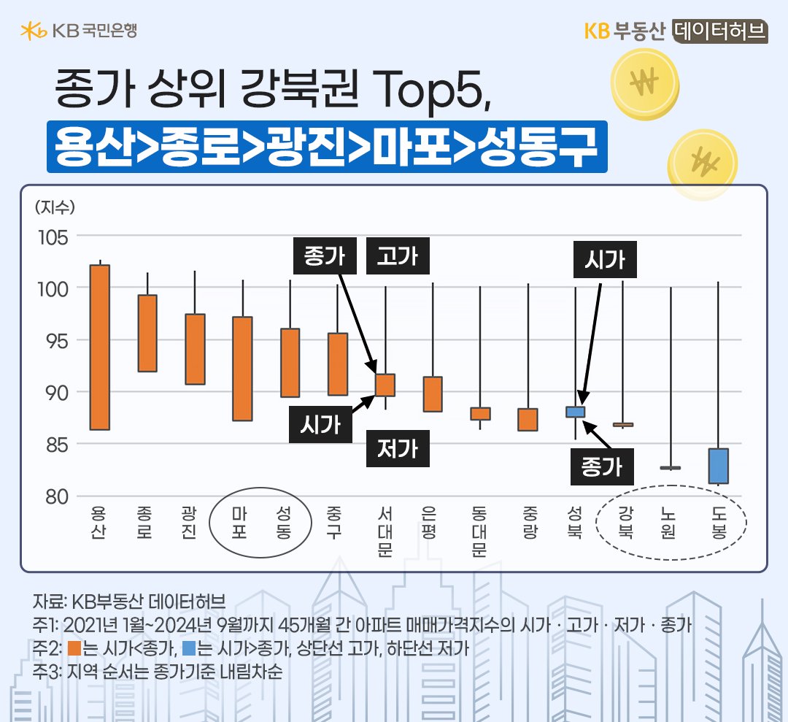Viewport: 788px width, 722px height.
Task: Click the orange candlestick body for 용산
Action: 99,347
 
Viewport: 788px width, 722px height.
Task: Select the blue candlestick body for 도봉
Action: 719,466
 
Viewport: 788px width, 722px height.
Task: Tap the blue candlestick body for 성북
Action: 576,412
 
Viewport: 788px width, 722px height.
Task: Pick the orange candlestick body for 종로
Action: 147,333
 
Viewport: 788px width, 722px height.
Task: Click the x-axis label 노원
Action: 669,523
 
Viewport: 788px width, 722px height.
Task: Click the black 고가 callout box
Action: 398,256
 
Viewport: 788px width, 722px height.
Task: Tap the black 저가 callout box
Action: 398,447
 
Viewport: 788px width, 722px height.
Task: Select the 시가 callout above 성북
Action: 605,260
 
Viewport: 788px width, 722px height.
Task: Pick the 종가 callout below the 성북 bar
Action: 601,466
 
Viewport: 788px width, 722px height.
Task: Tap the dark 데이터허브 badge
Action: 718,31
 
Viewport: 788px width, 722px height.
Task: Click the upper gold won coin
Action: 646,84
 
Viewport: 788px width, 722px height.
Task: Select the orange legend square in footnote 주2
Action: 73,648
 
